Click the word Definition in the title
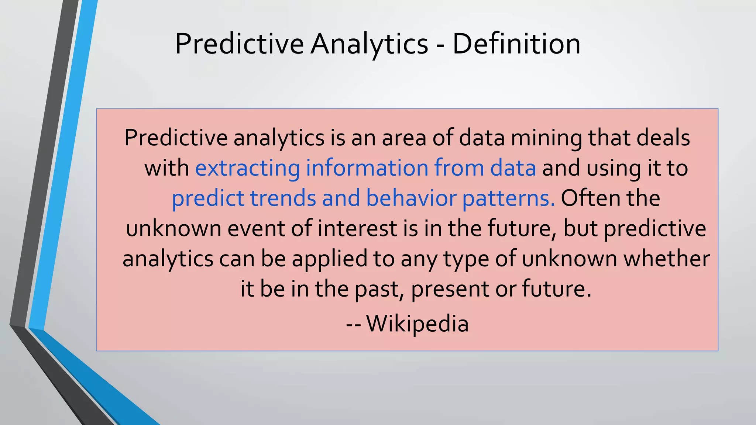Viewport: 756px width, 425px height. coord(516,44)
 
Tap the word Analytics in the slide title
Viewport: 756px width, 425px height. coord(369,44)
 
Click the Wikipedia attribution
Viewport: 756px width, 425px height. coord(417,324)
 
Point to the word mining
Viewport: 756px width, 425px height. coord(546,138)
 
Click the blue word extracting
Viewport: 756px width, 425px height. coord(247,168)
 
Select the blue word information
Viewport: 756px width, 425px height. coord(367,168)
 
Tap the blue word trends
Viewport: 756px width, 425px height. coord(283,198)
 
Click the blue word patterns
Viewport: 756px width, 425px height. coord(508,198)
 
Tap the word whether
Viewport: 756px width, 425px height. coord(666,259)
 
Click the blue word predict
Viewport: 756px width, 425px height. coord(208,198)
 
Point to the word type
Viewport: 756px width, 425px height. coord(466,259)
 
